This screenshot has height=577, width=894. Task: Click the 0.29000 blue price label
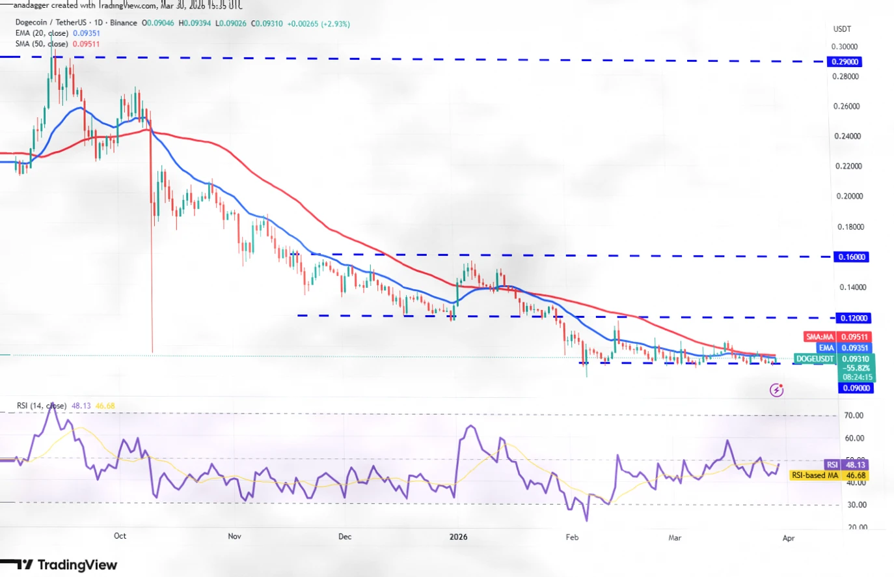844,62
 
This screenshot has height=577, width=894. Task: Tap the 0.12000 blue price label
852,318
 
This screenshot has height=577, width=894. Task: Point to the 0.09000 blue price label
856,388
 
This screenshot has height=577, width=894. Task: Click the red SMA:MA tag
819,337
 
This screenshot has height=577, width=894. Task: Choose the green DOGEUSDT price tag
815,359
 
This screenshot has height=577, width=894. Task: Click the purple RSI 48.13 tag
832,464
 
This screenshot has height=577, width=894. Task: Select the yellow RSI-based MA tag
815,475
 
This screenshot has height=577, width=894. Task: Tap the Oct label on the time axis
120,536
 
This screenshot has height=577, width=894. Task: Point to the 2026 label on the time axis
459,537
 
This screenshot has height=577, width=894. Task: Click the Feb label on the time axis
572,537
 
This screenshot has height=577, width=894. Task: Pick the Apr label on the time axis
789,538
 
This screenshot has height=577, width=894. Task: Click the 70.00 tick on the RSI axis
853,415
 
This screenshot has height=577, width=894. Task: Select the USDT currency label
842,29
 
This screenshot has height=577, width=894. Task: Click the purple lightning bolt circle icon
776,390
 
